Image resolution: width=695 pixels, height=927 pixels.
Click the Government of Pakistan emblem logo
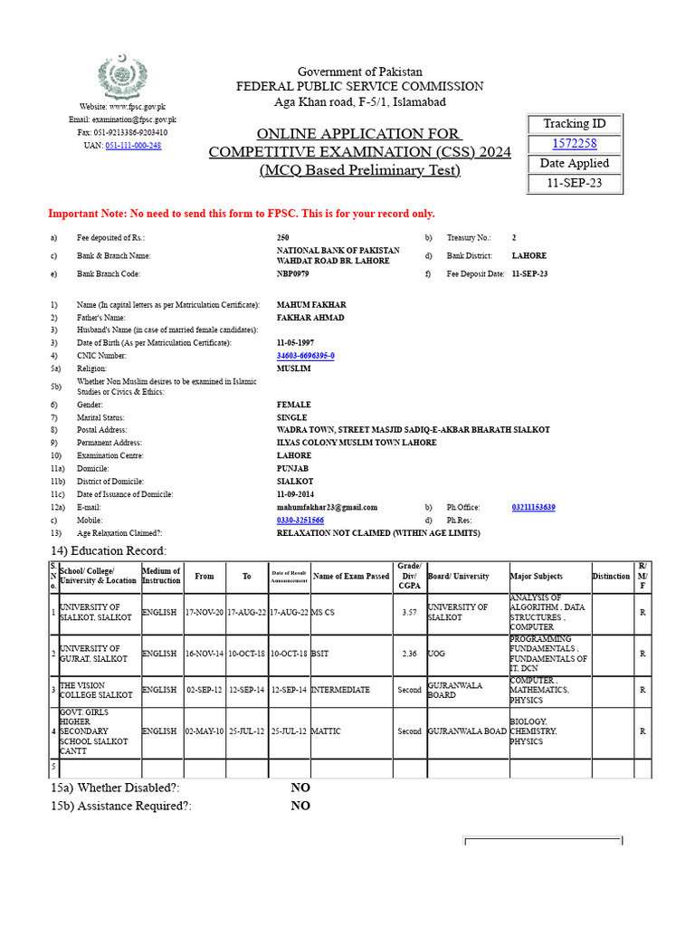tap(121, 78)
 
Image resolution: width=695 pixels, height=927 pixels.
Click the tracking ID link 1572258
tap(574, 144)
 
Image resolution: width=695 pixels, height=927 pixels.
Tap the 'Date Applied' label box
tap(574, 164)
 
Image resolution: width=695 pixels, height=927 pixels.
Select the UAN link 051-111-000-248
tap(133, 145)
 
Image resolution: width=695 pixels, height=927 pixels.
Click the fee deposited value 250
tap(284, 237)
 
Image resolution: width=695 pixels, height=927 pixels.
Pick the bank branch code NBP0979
tap(292, 273)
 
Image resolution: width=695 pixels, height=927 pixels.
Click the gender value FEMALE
tap(293, 405)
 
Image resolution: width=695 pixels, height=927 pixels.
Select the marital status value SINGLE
tap(291, 417)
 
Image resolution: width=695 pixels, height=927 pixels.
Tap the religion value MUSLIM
tap(293, 368)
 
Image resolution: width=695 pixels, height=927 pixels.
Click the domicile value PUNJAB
tap(292, 468)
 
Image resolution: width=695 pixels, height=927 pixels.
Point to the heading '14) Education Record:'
tap(109, 551)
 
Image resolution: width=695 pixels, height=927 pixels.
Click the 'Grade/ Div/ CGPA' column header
tap(409, 576)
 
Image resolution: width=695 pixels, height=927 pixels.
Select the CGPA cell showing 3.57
tap(409, 612)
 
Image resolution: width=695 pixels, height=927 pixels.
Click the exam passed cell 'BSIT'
tap(320, 654)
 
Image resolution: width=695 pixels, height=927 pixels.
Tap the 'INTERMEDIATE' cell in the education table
tap(340, 690)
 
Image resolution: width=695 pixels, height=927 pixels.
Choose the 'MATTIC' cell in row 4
tap(326, 731)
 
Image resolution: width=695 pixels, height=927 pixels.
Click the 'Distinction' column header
tap(611, 577)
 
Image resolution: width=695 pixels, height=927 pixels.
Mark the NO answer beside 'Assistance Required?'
tap(300, 806)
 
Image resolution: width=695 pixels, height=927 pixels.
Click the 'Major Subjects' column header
tap(536, 577)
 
